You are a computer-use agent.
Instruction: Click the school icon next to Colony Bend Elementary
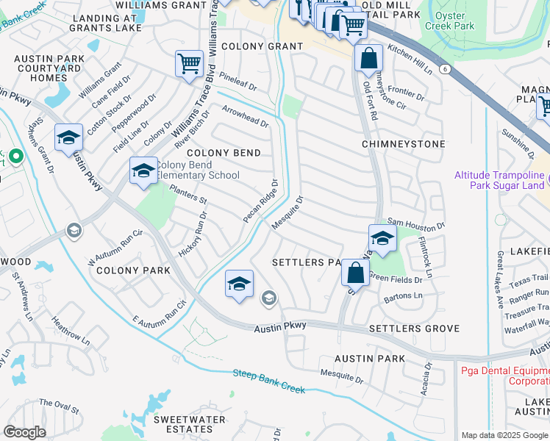coord(143,171)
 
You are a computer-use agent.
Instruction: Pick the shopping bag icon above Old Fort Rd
coord(368,57)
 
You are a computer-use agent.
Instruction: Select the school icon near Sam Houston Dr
coord(382,238)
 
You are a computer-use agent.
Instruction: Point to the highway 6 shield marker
coord(445,68)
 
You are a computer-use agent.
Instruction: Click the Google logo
coord(24,432)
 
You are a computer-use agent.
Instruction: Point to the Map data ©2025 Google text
coord(504,435)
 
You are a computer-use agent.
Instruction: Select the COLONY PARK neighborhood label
coord(132,270)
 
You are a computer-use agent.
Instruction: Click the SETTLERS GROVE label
coord(414,329)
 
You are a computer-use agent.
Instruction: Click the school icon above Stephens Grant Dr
coord(68,137)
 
